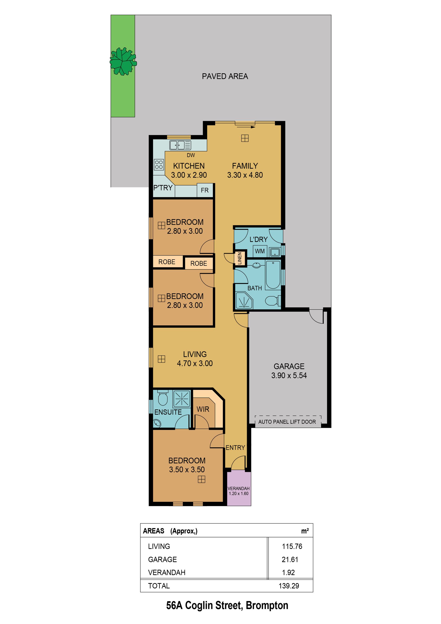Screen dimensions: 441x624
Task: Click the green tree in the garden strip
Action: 123,61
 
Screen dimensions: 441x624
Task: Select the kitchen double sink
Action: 180,145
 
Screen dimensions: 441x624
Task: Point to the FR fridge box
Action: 205,190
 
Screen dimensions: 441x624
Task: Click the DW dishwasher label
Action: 191,155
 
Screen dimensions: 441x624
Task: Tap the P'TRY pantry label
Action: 163,188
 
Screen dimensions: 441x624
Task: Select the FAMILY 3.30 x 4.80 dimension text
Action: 245,175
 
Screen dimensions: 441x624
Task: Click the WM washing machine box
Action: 260,251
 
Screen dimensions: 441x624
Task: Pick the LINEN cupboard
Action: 240,258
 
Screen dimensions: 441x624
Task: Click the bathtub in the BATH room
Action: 273,275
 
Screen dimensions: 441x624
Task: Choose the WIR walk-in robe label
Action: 203,409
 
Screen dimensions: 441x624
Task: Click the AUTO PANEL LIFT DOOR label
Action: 287,422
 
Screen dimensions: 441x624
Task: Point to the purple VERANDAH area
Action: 239,488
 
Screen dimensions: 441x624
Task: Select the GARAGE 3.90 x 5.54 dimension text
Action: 289,375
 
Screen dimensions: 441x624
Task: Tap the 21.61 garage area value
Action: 290,560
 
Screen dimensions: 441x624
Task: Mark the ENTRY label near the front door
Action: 235,448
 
